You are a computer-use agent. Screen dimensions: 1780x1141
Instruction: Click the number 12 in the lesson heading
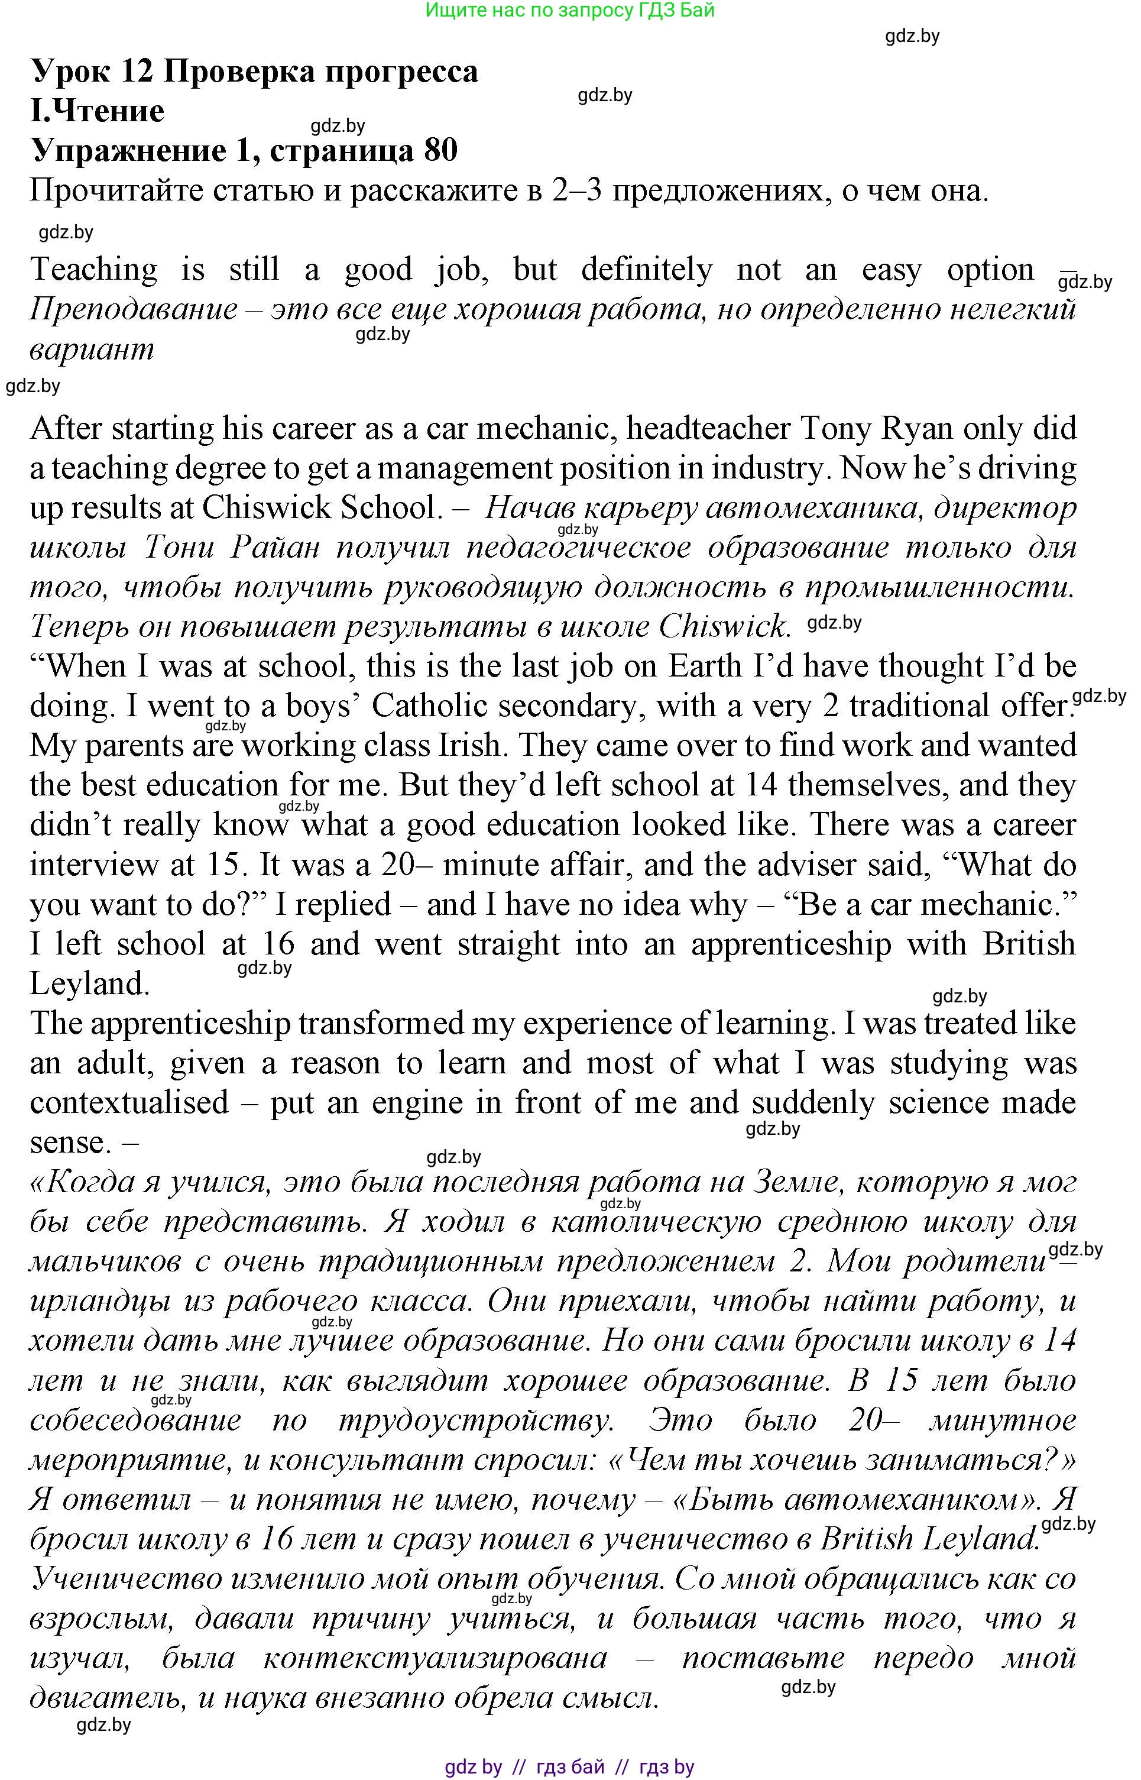pos(135,72)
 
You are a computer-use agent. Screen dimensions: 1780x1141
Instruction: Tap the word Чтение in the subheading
pos(109,111)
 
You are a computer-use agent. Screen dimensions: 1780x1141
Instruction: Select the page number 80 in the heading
pos(440,150)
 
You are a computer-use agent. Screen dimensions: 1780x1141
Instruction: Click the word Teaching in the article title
pos(94,269)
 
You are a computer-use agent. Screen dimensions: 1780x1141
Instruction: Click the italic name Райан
pos(275,548)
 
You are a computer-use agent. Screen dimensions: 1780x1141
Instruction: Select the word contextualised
pos(129,1103)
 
